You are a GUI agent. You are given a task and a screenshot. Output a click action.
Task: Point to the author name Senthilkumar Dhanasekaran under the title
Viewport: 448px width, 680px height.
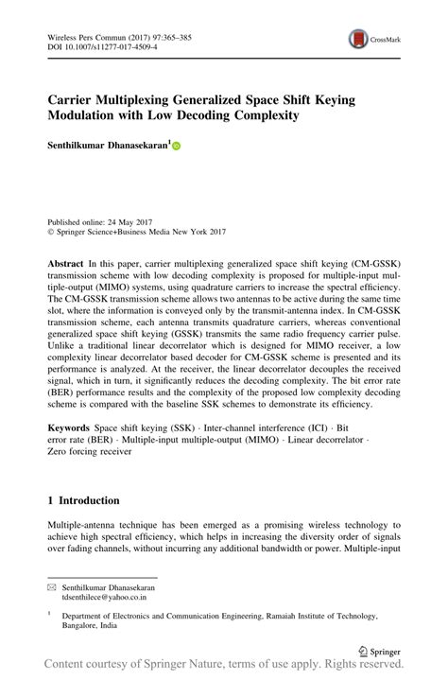point(108,146)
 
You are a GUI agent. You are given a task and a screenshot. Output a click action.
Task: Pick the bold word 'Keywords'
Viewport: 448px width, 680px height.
point(70,428)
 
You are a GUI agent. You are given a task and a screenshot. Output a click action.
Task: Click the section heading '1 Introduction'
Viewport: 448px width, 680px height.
point(84,499)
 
